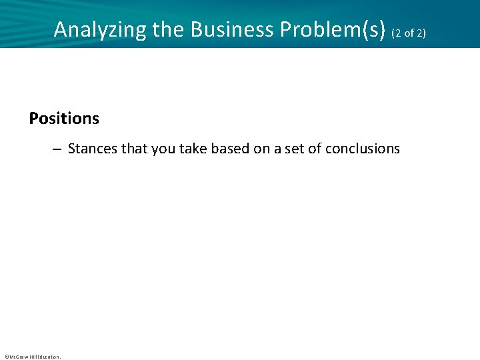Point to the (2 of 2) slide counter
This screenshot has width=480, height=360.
(409, 32)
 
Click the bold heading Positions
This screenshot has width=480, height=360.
(64, 118)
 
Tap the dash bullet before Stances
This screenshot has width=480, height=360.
(59, 149)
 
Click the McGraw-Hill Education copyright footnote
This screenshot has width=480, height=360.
(33, 357)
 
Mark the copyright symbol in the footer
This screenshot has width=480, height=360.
(6, 357)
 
